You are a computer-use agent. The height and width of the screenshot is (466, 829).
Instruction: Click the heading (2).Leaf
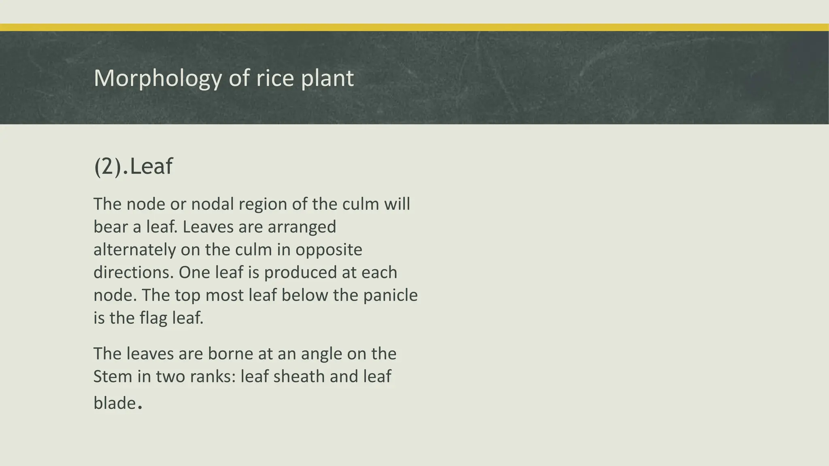click(x=133, y=166)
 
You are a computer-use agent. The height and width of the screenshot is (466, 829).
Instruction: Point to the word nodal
click(x=212, y=204)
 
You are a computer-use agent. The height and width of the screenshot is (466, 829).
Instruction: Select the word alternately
click(x=134, y=250)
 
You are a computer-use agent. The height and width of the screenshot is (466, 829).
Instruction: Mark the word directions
click(x=133, y=272)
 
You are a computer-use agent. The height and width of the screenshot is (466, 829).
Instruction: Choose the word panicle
click(x=390, y=295)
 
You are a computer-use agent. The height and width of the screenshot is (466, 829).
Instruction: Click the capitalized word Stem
click(x=113, y=377)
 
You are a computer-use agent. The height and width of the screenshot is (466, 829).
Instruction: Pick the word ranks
click(x=213, y=377)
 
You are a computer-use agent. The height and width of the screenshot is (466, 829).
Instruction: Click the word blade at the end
click(x=115, y=403)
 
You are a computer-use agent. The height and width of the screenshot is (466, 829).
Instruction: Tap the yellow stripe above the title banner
click(x=414, y=28)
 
